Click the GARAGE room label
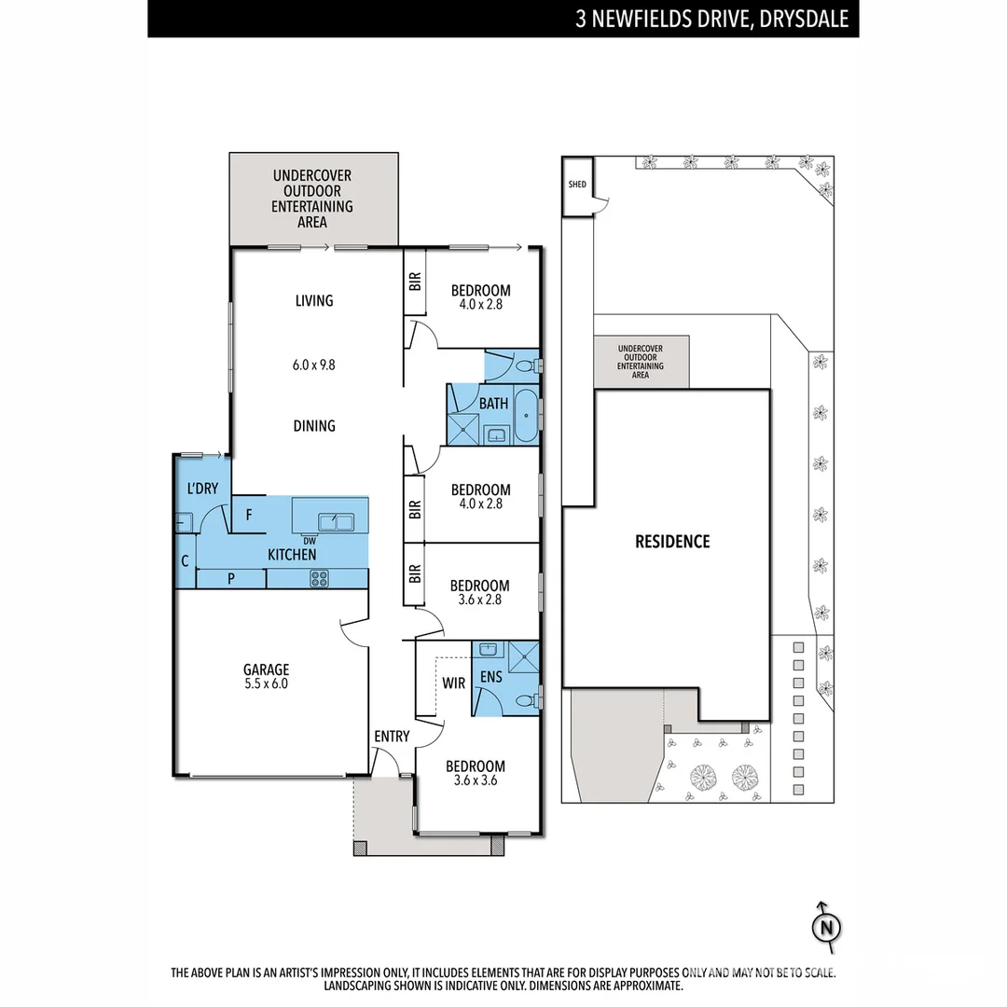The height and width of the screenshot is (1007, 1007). tap(267, 669)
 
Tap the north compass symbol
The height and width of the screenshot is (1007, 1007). tap(824, 927)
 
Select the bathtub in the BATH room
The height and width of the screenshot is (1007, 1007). tap(527, 417)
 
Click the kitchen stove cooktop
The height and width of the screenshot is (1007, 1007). tap(320, 578)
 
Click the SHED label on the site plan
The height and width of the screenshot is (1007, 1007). tap(577, 185)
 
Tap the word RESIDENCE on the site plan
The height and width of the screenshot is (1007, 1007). tap(672, 541)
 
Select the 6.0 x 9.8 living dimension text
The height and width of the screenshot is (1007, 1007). tap(313, 365)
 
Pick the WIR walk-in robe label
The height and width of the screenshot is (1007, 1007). tap(453, 683)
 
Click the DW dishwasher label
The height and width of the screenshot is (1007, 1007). tap(309, 540)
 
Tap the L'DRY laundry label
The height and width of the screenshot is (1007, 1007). tap(202, 488)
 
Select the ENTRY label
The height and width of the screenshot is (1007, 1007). tap(392, 737)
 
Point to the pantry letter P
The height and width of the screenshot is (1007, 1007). tap(230, 579)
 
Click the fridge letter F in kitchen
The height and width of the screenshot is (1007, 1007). tap(249, 514)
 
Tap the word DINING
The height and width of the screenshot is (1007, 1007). tap(314, 426)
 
